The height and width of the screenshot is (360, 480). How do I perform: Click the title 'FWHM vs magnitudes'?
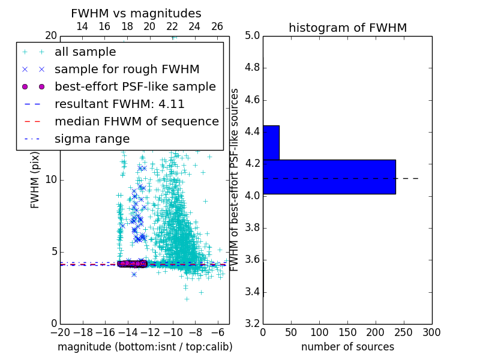[x=136, y=13]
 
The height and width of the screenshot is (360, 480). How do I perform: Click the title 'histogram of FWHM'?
[x=347, y=28]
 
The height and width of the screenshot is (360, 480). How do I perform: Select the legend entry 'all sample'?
[x=85, y=52]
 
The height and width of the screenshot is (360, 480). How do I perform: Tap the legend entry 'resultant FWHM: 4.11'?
[x=119, y=104]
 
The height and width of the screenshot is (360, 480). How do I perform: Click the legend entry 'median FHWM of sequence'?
[x=136, y=121]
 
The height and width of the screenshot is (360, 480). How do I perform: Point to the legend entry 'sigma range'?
[x=92, y=139]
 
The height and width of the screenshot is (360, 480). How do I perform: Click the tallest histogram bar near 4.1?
[x=329, y=176]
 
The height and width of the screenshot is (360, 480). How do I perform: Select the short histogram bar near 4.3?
[x=271, y=143]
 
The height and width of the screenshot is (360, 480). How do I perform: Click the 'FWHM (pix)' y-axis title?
[x=35, y=181]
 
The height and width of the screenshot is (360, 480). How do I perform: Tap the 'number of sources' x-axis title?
[x=347, y=347]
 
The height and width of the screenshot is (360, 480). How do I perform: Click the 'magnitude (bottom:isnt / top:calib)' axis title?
[x=145, y=347]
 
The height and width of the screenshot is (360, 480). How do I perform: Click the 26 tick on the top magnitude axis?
[x=217, y=26]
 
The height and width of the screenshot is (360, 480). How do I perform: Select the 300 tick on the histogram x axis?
[x=431, y=332]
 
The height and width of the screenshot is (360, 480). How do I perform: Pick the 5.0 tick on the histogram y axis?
[x=252, y=36]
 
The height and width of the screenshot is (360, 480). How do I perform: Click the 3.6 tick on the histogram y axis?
[x=252, y=260]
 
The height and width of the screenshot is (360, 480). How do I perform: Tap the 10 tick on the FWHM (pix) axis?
[x=50, y=180]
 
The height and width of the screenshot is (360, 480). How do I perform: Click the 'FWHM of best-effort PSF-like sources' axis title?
[x=235, y=179]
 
